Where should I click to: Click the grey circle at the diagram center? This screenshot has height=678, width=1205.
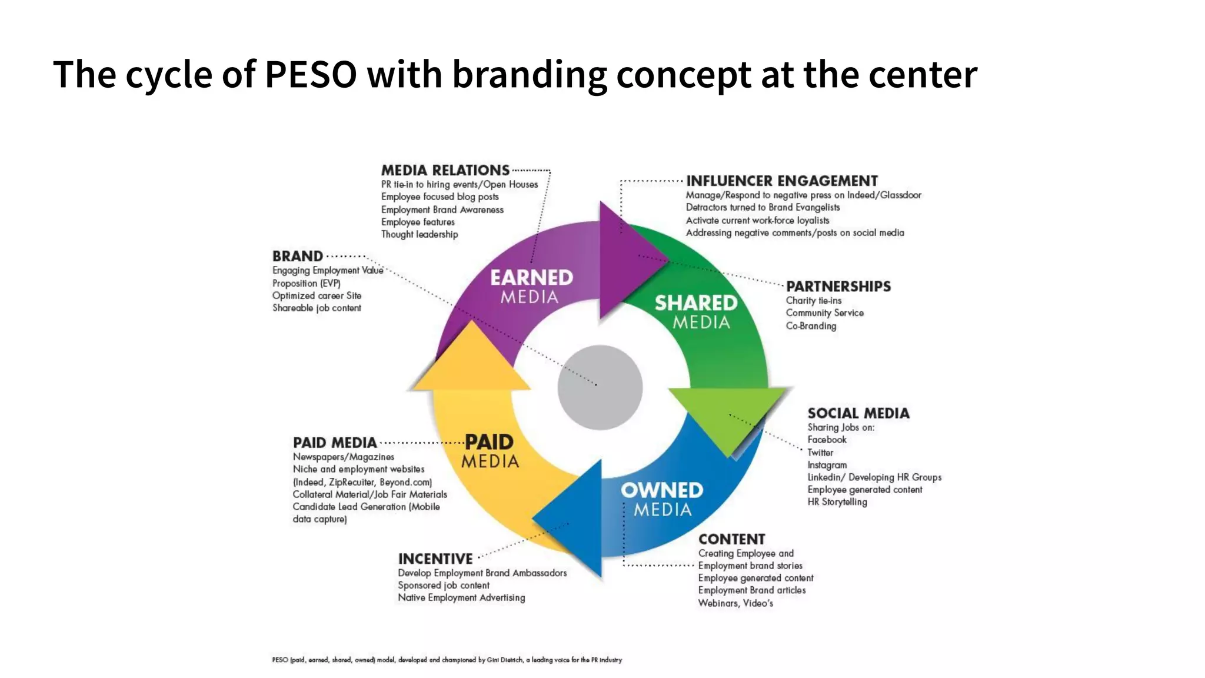point(600,387)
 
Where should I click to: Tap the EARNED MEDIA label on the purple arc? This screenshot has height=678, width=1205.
point(531,287)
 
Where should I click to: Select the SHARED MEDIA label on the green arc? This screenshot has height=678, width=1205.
point(696,312)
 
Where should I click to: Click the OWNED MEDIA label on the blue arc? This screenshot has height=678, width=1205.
point(662,499)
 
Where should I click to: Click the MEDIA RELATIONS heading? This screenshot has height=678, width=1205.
point(445,171)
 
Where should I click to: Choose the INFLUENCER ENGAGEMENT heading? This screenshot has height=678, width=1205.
point(781,181)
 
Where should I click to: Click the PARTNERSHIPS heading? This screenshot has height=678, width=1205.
point(838,287)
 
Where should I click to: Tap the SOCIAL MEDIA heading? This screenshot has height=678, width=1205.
point(858,413)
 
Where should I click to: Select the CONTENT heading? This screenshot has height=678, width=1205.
point(731,539)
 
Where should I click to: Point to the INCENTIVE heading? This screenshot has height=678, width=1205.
point(435,559)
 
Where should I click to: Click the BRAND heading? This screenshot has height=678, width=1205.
point(298,257)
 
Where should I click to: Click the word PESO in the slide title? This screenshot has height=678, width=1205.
point(311,75)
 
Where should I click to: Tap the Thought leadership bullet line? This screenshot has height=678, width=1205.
point(420,234)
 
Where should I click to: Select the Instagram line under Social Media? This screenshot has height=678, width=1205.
point(827,465)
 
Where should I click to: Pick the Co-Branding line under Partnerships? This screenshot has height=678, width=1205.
point(811,326)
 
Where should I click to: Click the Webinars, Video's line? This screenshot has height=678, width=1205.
point(735,603)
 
